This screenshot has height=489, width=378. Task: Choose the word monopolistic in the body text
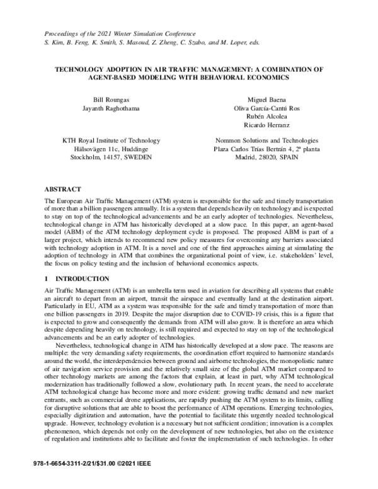281,367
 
